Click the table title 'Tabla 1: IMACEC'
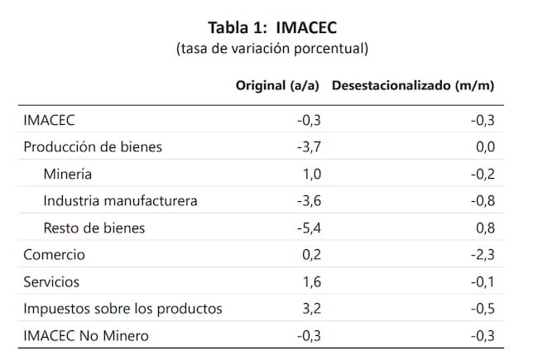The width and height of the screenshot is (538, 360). coord(271,26)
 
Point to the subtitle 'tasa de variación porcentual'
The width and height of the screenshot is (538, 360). coord(271,48)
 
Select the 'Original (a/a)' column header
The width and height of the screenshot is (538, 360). coord(279,85)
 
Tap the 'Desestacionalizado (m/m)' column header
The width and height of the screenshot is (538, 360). coord(413,85)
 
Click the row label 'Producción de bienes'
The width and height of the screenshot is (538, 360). coord(93,147)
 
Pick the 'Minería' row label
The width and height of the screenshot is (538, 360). coord(70,175)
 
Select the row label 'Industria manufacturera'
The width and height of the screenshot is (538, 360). coord(121,201)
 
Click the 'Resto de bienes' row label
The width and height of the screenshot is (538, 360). coord(95,228)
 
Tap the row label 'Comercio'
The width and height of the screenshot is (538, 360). coord(54,255)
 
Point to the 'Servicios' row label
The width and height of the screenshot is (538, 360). coord(51,281)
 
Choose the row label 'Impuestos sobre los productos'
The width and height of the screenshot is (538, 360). coord(122,309)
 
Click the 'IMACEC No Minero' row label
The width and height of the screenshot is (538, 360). coord(83,335)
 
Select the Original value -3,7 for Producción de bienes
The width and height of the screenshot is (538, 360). coord(309,147)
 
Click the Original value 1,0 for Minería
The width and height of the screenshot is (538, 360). coord(311,175)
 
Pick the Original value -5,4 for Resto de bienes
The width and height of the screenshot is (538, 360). coord(309,228)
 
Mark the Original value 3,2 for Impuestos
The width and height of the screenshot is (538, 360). coord(311,309)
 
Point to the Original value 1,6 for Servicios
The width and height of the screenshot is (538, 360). coord(311,281)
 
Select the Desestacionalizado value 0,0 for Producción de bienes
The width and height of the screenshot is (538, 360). coord(486,147)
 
